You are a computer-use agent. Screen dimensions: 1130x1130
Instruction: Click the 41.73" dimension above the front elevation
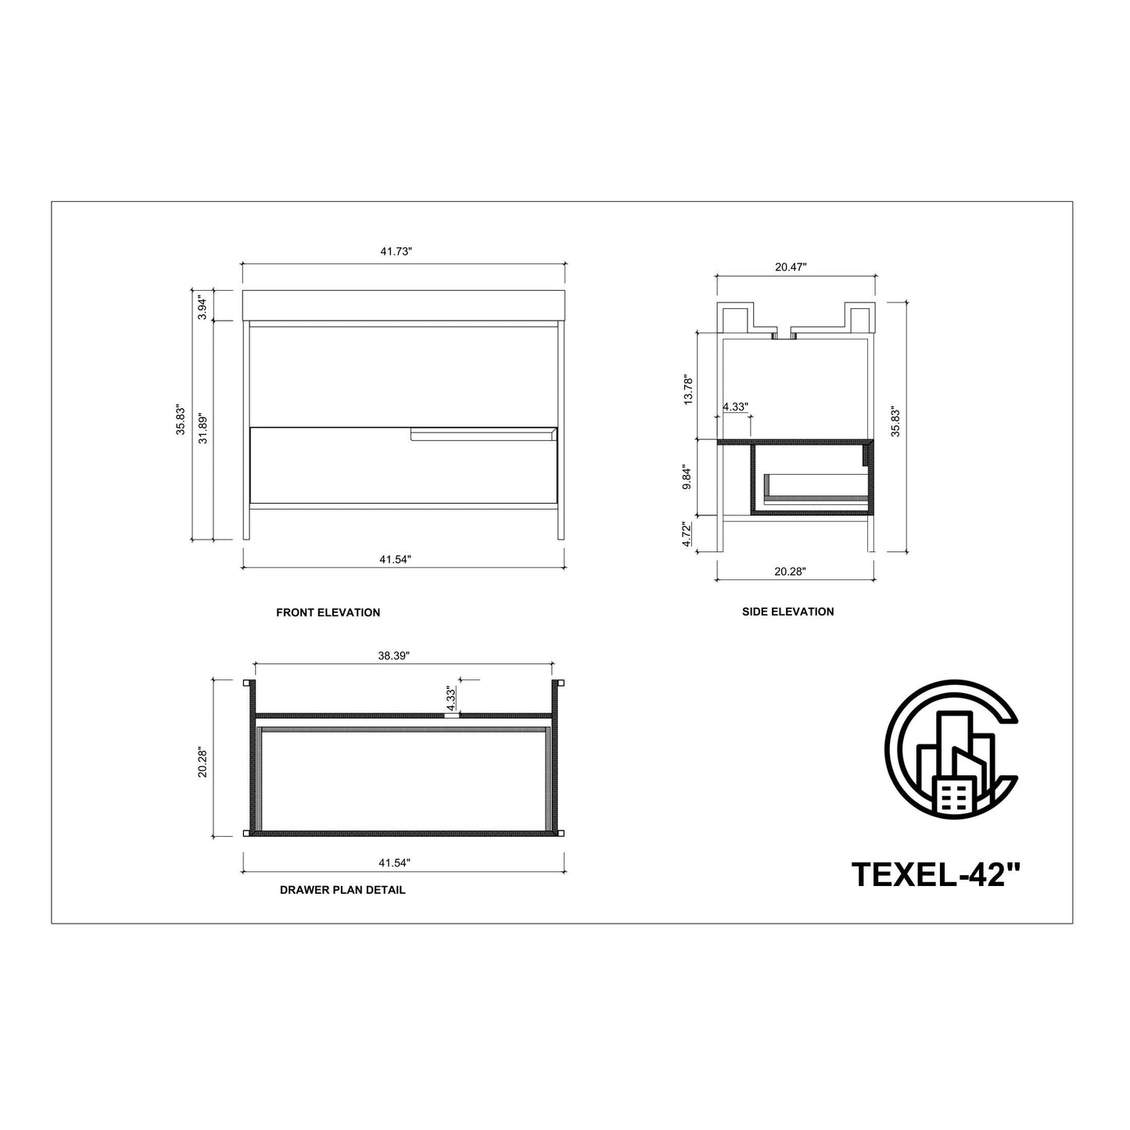coord(396,252)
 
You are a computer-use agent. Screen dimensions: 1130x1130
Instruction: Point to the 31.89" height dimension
coord(203,429)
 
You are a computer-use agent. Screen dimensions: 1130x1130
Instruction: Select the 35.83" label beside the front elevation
coord(181,421)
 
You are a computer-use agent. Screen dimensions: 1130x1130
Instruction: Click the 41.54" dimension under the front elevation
coord(395,559)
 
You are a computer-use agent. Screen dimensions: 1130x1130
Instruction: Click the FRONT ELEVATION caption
coord(328,613)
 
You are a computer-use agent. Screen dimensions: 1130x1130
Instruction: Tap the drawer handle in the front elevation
coord(484,434)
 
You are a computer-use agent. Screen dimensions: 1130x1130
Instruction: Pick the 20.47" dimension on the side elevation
coord(791,267)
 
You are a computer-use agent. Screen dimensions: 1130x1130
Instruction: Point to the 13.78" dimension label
coord(688,390)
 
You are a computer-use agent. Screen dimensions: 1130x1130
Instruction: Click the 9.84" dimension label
coord(688,479)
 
